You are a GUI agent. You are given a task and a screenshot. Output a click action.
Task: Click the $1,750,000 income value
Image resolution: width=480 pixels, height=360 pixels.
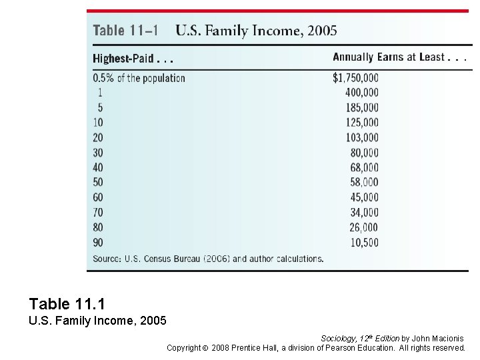point(355,77)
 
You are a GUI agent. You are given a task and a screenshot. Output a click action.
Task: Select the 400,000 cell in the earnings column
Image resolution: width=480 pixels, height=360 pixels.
point(362,93)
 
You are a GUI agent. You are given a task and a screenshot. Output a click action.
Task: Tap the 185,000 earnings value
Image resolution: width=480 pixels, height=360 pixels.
point(362,107)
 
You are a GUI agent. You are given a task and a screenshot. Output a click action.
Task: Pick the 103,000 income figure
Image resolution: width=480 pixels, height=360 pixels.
point(362,137)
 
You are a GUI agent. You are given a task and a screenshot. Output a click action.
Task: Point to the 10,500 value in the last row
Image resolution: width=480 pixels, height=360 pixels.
point(364,242)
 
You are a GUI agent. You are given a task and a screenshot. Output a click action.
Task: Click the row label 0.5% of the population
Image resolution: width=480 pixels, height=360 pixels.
point(139,78)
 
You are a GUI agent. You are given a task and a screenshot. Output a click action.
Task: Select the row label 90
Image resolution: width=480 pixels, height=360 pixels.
point(98,242)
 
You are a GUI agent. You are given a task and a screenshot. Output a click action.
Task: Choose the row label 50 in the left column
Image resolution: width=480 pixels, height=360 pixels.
point(98,182)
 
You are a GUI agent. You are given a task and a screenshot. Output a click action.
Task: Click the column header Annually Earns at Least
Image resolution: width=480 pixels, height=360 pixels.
point(399,57)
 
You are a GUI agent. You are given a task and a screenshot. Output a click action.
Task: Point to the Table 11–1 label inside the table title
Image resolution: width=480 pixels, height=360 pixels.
point(125,31)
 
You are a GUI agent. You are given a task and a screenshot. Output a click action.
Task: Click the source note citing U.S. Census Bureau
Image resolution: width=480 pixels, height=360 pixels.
point(208,259)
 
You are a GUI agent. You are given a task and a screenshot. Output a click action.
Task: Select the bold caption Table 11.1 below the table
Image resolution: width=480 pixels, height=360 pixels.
point(67,305)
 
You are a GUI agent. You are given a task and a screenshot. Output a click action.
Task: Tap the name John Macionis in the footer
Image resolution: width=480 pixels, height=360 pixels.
point(437,339)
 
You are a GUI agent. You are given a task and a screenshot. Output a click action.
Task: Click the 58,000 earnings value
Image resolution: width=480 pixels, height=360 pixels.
point(364,182)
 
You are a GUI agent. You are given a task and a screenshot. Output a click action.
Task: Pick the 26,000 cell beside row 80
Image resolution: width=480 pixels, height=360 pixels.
point(364,227)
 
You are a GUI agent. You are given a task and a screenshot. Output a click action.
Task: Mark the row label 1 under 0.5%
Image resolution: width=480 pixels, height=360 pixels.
point(100,93)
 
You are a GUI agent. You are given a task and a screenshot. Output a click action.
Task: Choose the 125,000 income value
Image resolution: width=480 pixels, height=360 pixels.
point(362,122)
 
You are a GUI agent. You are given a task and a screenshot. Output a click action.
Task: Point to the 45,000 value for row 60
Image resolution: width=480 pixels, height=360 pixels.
point(364,197)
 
